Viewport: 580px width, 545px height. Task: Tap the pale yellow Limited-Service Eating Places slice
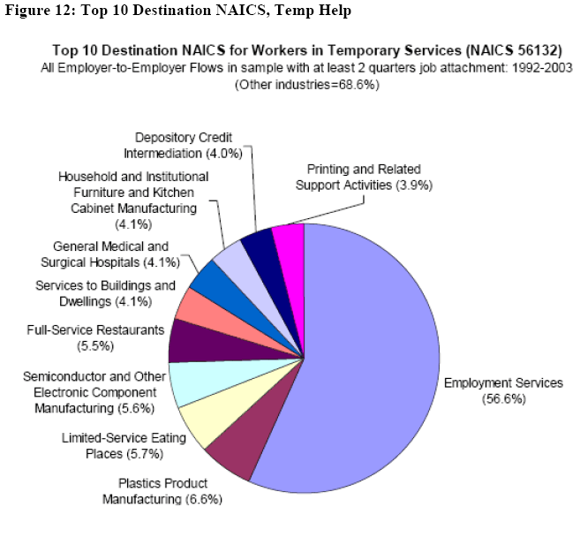click(x=206, y=422)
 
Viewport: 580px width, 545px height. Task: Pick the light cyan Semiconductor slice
click(x=191, y=382)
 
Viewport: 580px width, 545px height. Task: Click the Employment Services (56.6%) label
click(x=502, y=390)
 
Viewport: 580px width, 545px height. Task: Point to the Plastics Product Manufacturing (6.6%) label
click(x=162, y=491)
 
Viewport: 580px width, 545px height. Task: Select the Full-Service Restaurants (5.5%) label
click(x=95, y=337)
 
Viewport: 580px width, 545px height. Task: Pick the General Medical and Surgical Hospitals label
click(x=110, y=254)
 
